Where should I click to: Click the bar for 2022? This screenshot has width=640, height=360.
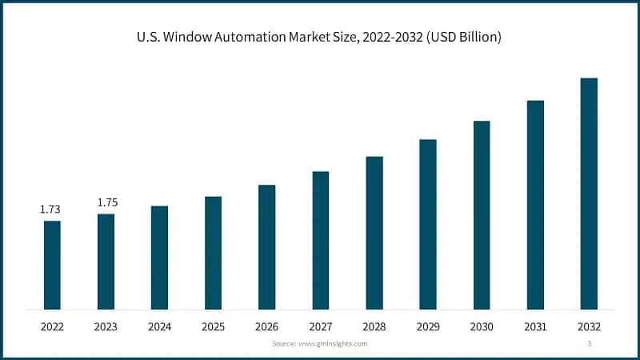coord(52,265)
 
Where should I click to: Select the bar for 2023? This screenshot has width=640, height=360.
coord(106,262)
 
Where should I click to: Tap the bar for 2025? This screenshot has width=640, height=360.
coord(213,253)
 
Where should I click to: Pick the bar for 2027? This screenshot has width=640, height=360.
coord(321,240)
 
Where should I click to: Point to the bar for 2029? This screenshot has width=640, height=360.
coord(428,224)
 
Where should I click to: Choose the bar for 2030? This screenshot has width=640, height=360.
coord(482,215)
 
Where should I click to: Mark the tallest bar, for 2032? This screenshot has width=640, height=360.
coord(589,194)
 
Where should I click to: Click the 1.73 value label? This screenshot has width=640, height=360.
coord(50,210)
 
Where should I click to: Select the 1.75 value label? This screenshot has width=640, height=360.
coord(107,202)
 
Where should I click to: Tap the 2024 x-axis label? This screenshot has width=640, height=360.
coord(159,326)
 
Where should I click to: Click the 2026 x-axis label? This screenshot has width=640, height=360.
coord(266,326)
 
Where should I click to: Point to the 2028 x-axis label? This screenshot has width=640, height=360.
coord(374,326)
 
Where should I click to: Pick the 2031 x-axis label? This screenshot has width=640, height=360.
coord(535,326)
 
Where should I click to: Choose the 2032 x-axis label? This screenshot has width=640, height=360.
coord(589,326)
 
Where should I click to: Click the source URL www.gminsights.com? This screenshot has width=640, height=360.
coord(332,343)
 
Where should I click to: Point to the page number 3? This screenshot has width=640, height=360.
coord(590,343)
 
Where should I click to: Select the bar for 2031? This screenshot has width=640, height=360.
coord(535,205)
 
